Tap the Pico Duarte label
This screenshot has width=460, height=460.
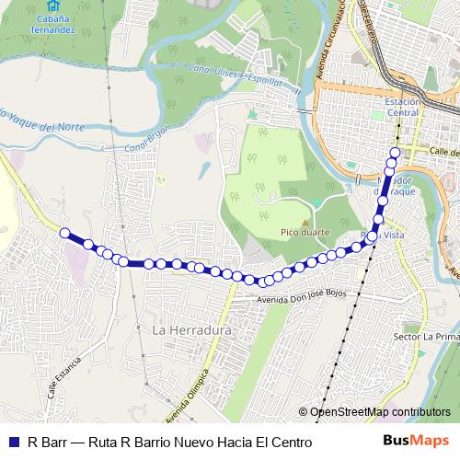(299, 234)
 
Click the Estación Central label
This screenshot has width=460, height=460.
(402, 107)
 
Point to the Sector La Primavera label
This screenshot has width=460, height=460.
(426, 338)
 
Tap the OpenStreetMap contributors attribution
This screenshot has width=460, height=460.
(379, 412)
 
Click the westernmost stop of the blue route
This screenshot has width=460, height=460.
(65, 234)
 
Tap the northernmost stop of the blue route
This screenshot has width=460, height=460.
(396, 153)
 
